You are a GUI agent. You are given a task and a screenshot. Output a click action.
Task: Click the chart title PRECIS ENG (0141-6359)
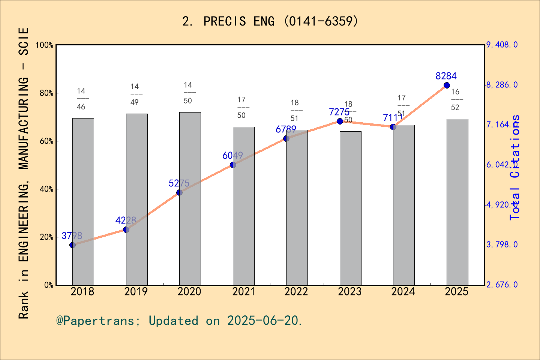pos(270,21)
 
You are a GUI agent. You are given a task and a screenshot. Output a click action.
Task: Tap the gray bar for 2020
pos(190,199)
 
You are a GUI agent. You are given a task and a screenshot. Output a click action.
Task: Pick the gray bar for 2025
pos(457,202)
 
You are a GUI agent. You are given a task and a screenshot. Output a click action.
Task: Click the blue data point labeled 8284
pos(447,85)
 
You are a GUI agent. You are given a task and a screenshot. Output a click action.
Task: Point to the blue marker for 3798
pos(73,245)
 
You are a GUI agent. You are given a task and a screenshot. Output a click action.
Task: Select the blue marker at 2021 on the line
pos(233,165)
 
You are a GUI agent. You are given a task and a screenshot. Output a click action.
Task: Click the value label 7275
pos(339,112)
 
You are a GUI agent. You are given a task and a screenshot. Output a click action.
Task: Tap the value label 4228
pos(126,220)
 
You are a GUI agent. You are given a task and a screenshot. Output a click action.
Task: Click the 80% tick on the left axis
pos(46,93)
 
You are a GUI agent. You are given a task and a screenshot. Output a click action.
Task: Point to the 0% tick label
pos(49,285)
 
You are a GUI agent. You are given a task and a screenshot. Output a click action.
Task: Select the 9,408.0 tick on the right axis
pos(502,45)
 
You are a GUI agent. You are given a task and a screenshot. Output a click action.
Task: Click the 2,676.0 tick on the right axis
pos(502,285)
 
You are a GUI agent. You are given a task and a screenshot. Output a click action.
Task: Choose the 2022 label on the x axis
pos(296,292)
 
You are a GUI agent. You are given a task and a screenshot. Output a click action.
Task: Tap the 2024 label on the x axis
pos(403,292)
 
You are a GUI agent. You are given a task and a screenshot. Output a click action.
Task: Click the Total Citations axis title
pos(515,168)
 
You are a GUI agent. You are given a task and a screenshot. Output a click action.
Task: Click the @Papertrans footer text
pos(179,321)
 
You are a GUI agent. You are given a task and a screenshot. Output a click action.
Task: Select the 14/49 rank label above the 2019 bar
pos(135,94)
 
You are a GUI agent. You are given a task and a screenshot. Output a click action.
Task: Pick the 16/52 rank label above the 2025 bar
pos(455,100)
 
